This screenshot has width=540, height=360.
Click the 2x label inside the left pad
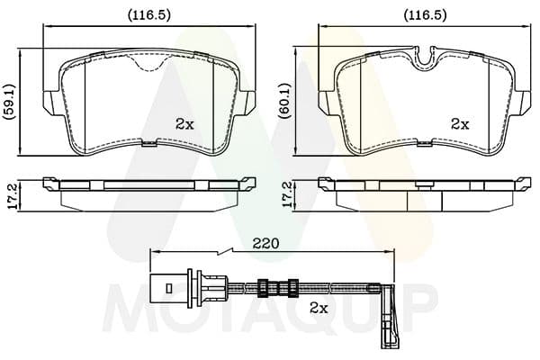coord(185,124)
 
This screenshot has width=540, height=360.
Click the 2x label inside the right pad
coord(460,124)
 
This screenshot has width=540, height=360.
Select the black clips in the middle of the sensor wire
coord(277,289)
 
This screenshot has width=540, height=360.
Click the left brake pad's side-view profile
coord(149,185)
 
